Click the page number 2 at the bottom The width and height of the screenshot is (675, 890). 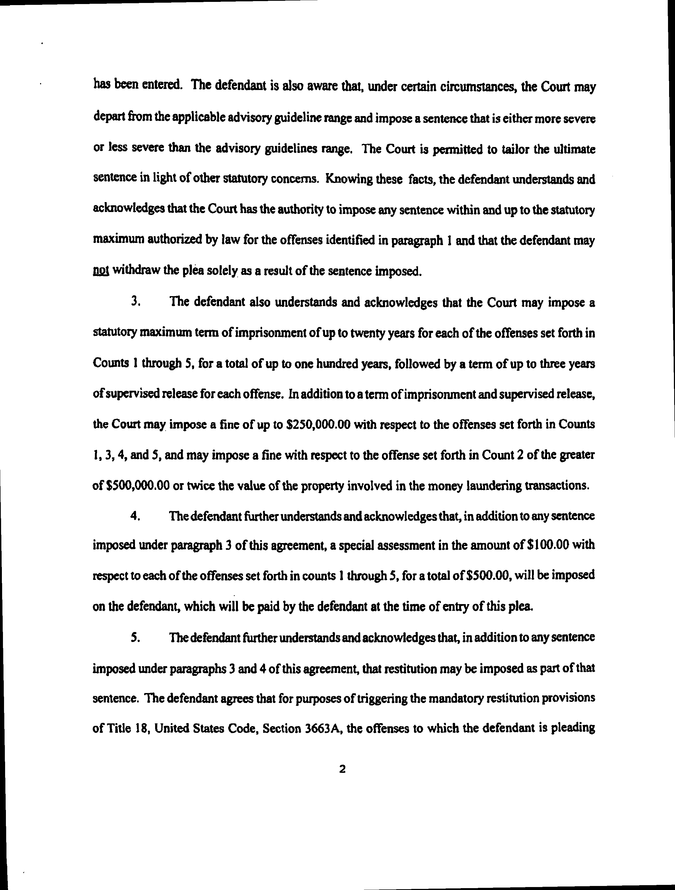pyautogui.click(x=342, y=769)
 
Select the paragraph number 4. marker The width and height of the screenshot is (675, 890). pyautogui.click(x=135, y=516)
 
